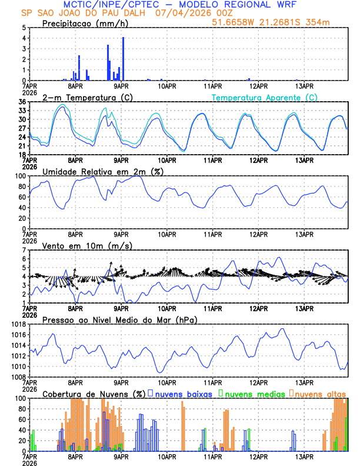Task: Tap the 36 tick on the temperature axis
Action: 22,102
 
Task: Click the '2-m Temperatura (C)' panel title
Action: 83,97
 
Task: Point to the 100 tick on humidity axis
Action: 20,176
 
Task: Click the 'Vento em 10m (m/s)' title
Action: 87,245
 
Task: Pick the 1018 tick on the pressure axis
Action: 18,324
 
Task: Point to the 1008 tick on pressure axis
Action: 18,377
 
